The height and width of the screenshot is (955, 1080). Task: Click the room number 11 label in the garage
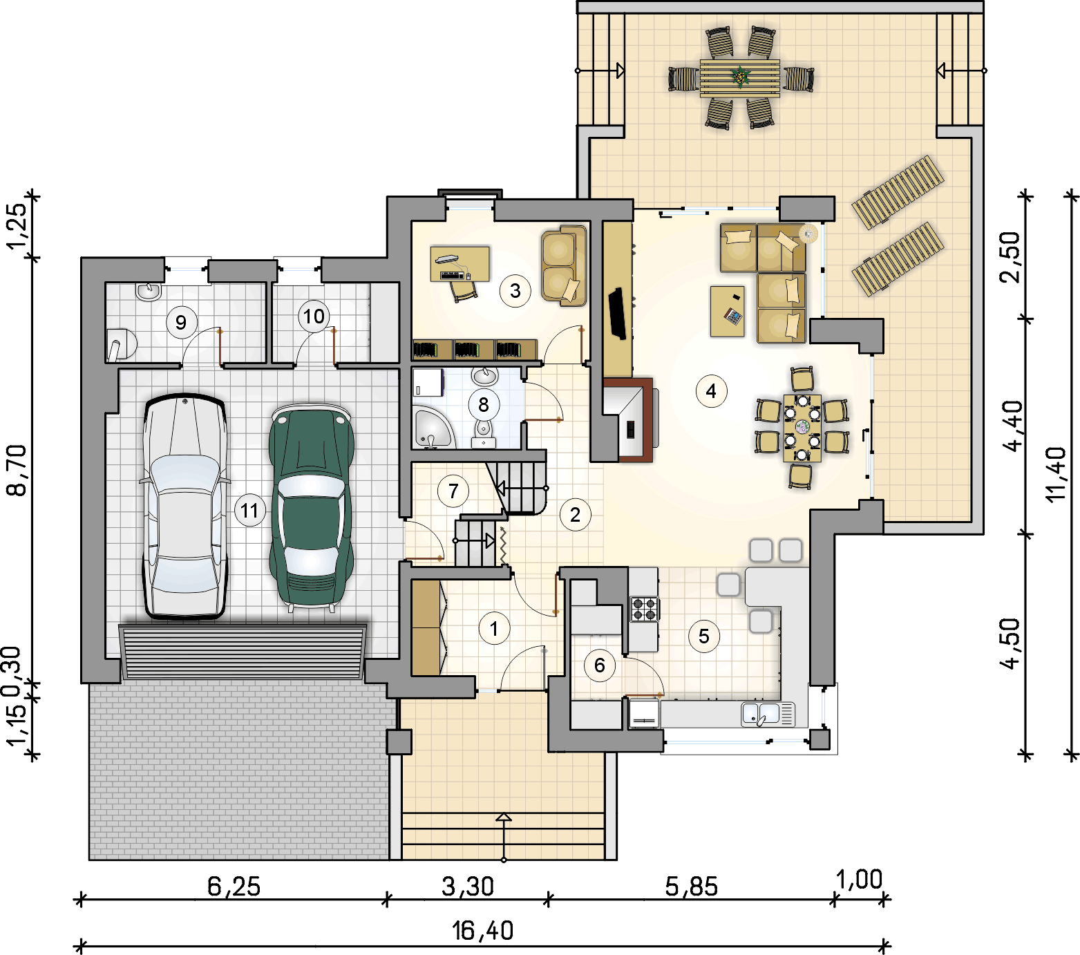coord(249,511)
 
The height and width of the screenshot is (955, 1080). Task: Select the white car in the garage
coord(185,506)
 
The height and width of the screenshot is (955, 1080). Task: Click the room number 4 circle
coord(711,391)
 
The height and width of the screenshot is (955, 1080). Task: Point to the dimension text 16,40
coord(483,931)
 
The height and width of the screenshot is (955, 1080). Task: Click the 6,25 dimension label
coord(234,886)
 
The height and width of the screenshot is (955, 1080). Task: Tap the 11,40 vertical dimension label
coord(1058,474)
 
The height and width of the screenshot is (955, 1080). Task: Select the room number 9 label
coord(181,322)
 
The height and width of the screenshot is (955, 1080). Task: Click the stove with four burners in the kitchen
coord(644,609)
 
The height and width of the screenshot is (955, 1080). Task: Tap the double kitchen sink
coord(768,714)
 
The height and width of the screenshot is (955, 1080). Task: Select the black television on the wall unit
coord(617,314)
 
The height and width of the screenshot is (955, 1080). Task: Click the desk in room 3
coord(460,264)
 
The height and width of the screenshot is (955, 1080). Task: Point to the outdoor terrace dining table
coord(740,78)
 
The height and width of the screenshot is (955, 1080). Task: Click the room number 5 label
coord(704,636)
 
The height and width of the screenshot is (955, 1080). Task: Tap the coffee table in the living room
coord(728,312)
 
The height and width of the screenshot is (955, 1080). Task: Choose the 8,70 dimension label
coord(17,470)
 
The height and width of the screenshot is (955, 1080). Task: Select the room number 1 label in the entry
coord(494,629)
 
